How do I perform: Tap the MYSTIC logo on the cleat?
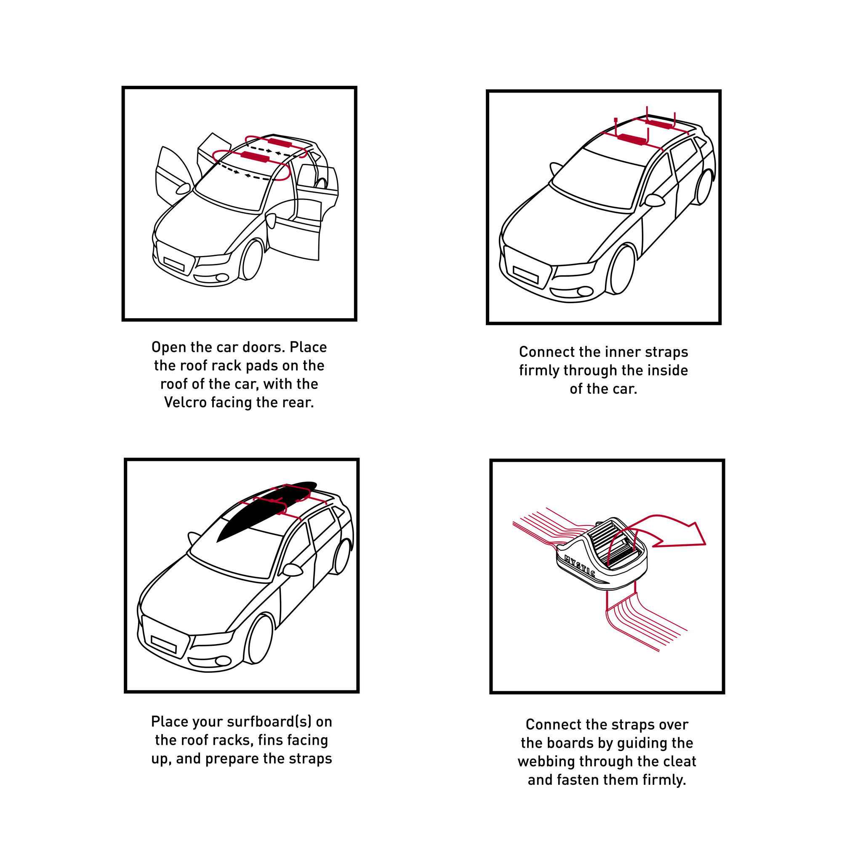click(579, 566)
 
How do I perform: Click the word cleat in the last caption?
click(679, 761)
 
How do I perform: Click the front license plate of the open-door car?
click(174, 264)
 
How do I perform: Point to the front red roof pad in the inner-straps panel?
click(632, 139)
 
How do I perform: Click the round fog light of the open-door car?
click(222, 277)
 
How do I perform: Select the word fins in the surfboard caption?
click(271, 740)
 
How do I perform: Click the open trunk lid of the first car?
click(214, 146)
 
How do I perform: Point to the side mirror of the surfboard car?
click(293, 570)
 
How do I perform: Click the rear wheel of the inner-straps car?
click(704, 187)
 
